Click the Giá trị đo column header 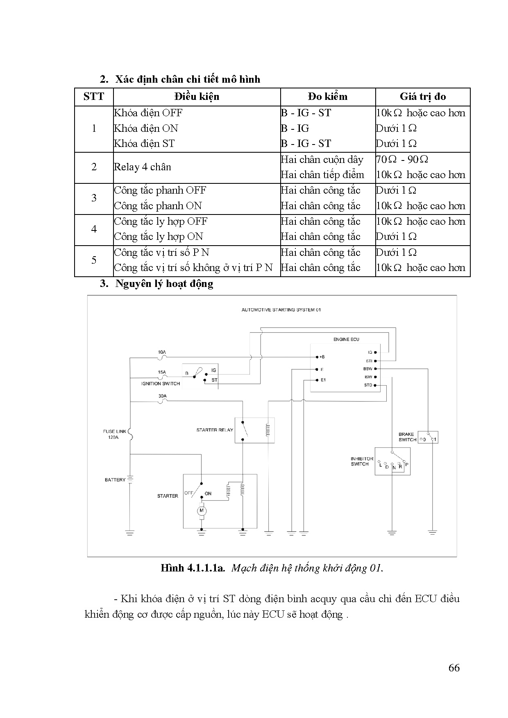(x=422, y=97)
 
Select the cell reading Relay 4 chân (x=142, y=167)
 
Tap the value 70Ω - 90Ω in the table (x=402, y=159)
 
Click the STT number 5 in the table (x=94, y=260)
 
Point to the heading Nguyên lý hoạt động (x=164, y=283)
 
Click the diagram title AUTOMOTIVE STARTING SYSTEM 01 (x=281, y=310)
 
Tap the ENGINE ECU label (x=346, y=339)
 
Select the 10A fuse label (x=162, y=352)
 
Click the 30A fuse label (x=162, y=396)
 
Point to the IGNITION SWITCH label (x=161, y=384)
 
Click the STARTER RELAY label (x=214, y=430)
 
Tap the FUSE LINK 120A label (x=114, y=434)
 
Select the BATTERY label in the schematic (x=115, y=480)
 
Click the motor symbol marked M (x=202, y=510)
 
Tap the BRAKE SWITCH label (x=407, y=437)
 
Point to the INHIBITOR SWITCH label (x=362, y=461)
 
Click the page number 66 (x=454, y=668)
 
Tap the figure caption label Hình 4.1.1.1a (x=193, y=568)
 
